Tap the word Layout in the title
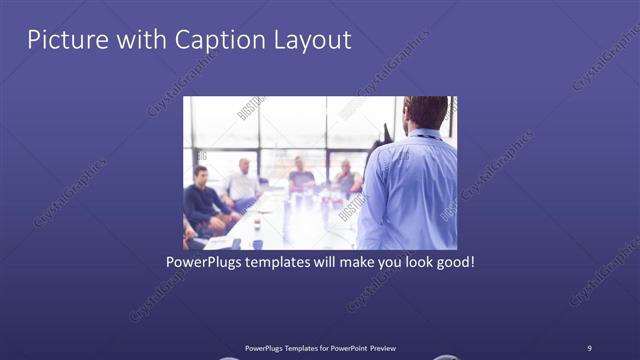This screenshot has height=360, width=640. pos(311,40)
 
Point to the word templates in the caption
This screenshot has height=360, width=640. pos(285,264)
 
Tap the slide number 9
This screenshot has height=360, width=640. pos(589,347)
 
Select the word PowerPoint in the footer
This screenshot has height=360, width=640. pos(339,347)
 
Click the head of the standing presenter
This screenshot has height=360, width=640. pos(427,111)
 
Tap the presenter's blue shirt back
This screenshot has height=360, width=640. pos(410,190)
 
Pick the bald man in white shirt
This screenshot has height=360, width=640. pos(243,179)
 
